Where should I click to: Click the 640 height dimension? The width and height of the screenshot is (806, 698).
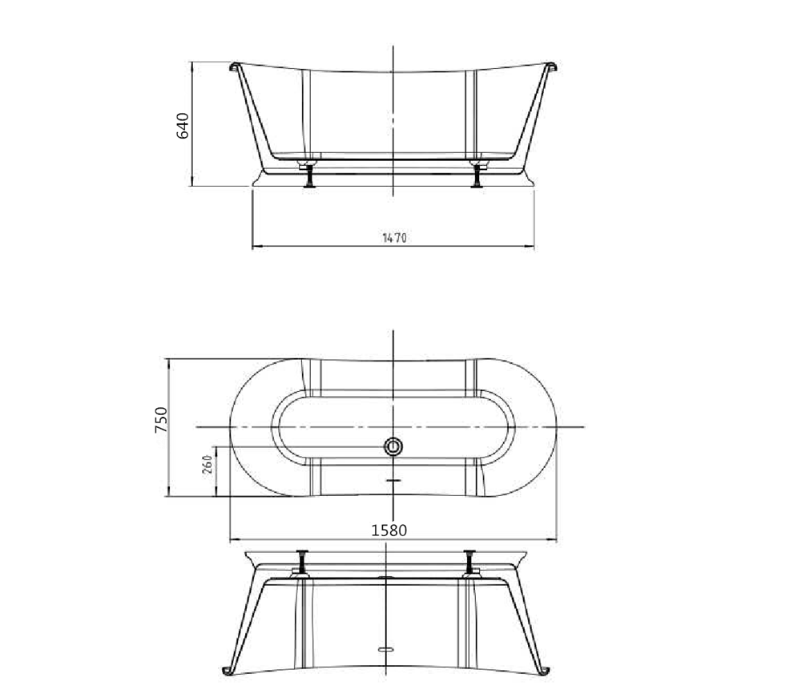click(183, 125)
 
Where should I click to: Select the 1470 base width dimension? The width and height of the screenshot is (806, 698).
click(395, 238)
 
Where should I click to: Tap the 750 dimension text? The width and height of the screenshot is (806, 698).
click(160, 420)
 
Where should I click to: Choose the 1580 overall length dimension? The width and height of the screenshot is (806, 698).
click(389, 530)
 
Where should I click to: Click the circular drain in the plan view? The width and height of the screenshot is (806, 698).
click(393, 447)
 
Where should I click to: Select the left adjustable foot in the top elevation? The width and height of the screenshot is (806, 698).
click(308, 175)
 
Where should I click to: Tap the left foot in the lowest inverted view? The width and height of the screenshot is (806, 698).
click(303, 563)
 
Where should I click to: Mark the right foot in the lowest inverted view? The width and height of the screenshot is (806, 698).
click(469, 563)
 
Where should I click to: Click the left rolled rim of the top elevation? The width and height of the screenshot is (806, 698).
click(236, 67)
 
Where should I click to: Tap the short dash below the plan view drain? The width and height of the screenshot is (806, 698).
click(393, 480)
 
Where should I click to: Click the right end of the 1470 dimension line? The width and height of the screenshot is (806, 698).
click(534, 247)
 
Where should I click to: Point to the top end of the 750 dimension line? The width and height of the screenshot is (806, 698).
click(168, 359)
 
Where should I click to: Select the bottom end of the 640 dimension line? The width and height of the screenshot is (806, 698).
click(192, 185)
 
